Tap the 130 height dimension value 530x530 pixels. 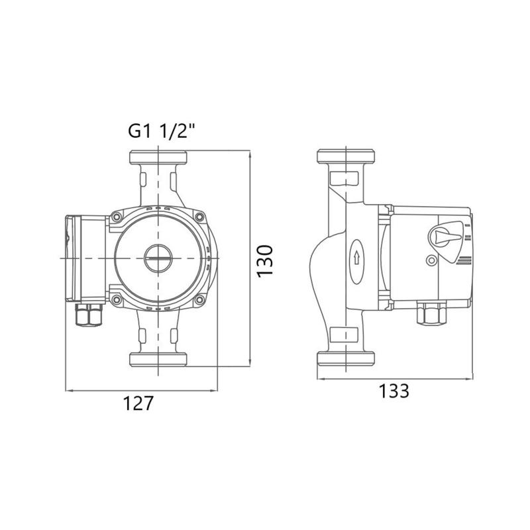pyautogui.click(x=264, y=261)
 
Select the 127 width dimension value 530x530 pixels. pyautogui.click(x=138, y=403)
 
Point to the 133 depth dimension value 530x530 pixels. pyautogui.click(x=394, y=391)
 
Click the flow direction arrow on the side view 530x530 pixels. pyautogui.click(x=356, y=259)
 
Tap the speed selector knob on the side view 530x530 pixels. pyautogui.click(x=445, y=236)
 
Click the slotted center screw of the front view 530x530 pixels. pyautogui.click(x=158, y=258)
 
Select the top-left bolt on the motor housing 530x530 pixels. pyautogui.click(x=117, y=217)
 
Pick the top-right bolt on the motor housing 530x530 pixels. pyautogui.click(x=199, y=217)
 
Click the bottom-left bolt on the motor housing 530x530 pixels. pyautogui.click(x=117, y=299)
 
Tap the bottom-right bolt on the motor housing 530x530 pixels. pyautogui.click(x=199, y=299)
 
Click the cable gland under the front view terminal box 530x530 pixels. pyautogui.click(x=89, y=315)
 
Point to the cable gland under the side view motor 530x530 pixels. pyautogui.click(x=432, y=313)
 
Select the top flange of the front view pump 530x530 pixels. pyautogui.click(x=158, y=157)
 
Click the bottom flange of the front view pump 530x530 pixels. pyautogui.click(x=158, y=359)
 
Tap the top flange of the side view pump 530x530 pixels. pyautogui.click(x=346, y=156)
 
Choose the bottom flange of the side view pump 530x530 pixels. pyautogui.click(x=346, y=358)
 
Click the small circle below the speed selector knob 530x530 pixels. pyautogui.click(x=431, y=260)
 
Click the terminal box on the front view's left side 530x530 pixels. pyautogui.click(x=86, y=258)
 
